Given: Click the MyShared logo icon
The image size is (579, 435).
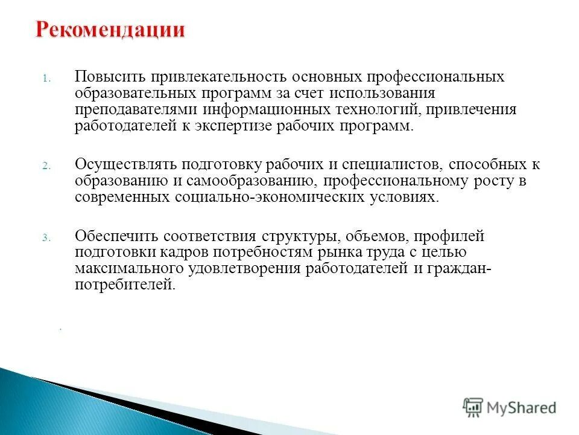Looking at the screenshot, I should click(473, 407).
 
